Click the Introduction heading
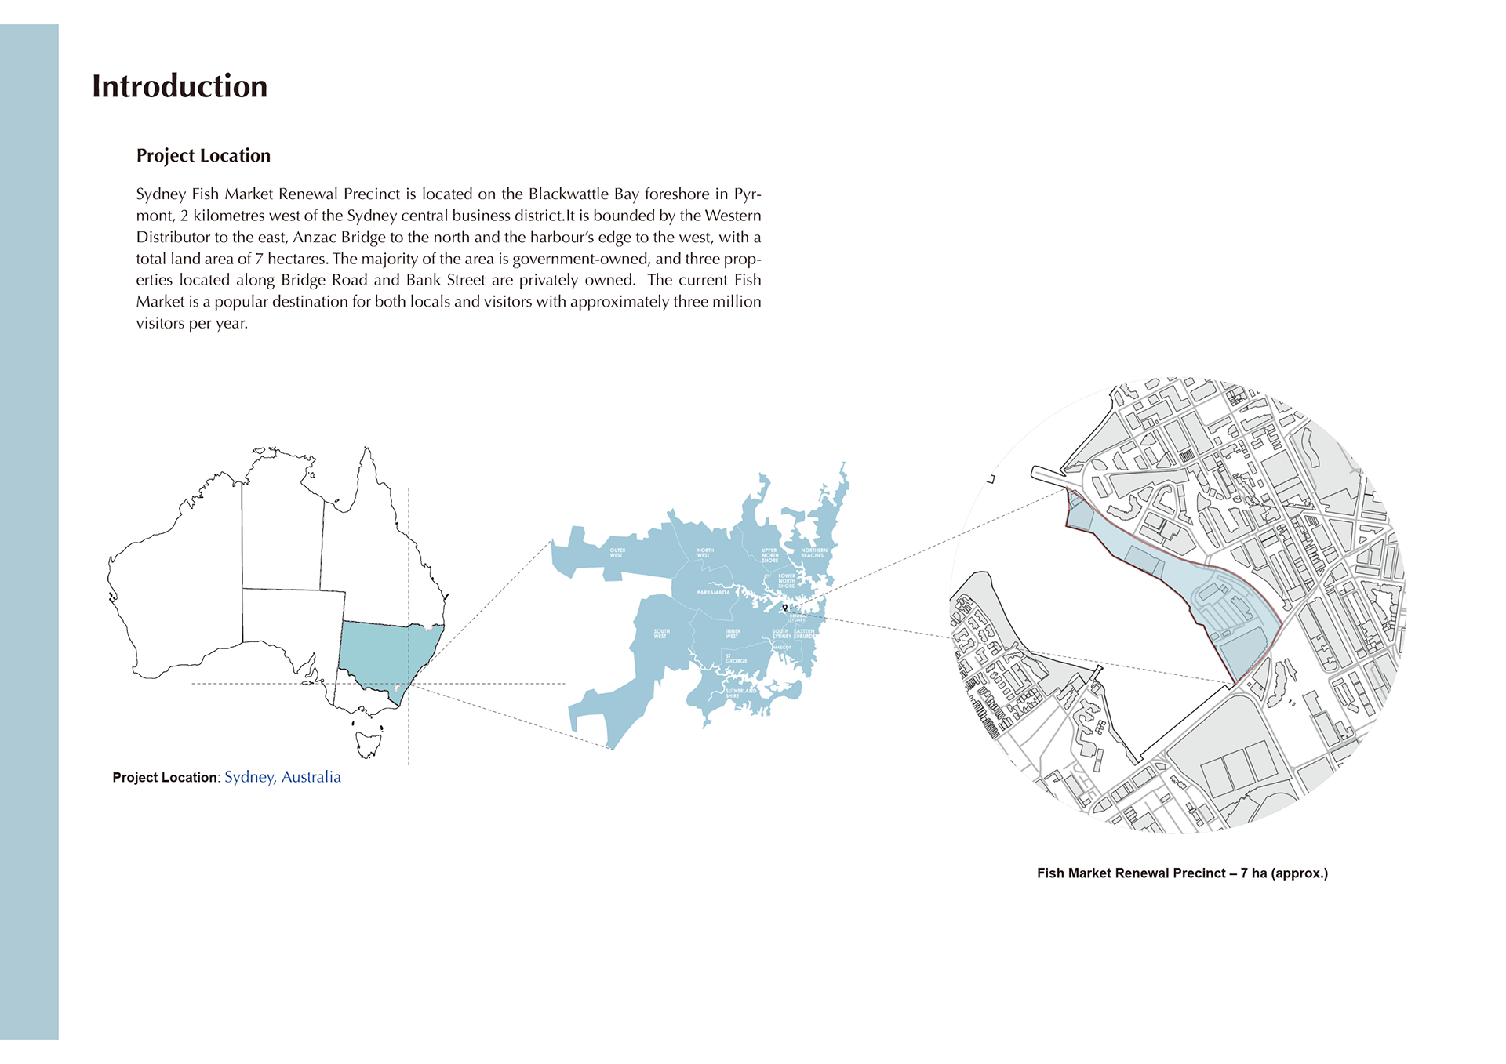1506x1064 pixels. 180,86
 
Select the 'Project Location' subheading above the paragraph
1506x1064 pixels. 203,155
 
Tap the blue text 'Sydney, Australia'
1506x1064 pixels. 282,777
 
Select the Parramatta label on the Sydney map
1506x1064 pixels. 713,592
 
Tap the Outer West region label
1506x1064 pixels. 617,553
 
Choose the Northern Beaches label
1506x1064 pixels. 813,553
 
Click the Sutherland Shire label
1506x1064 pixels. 740,693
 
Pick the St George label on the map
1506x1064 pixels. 736,659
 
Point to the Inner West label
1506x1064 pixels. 733,634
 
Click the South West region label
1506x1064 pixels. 661,634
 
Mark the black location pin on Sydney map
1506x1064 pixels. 784,607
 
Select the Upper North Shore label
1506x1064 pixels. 769,555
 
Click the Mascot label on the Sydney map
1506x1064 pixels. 782,648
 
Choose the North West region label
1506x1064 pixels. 705,553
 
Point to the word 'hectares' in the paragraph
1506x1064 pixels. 297,259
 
